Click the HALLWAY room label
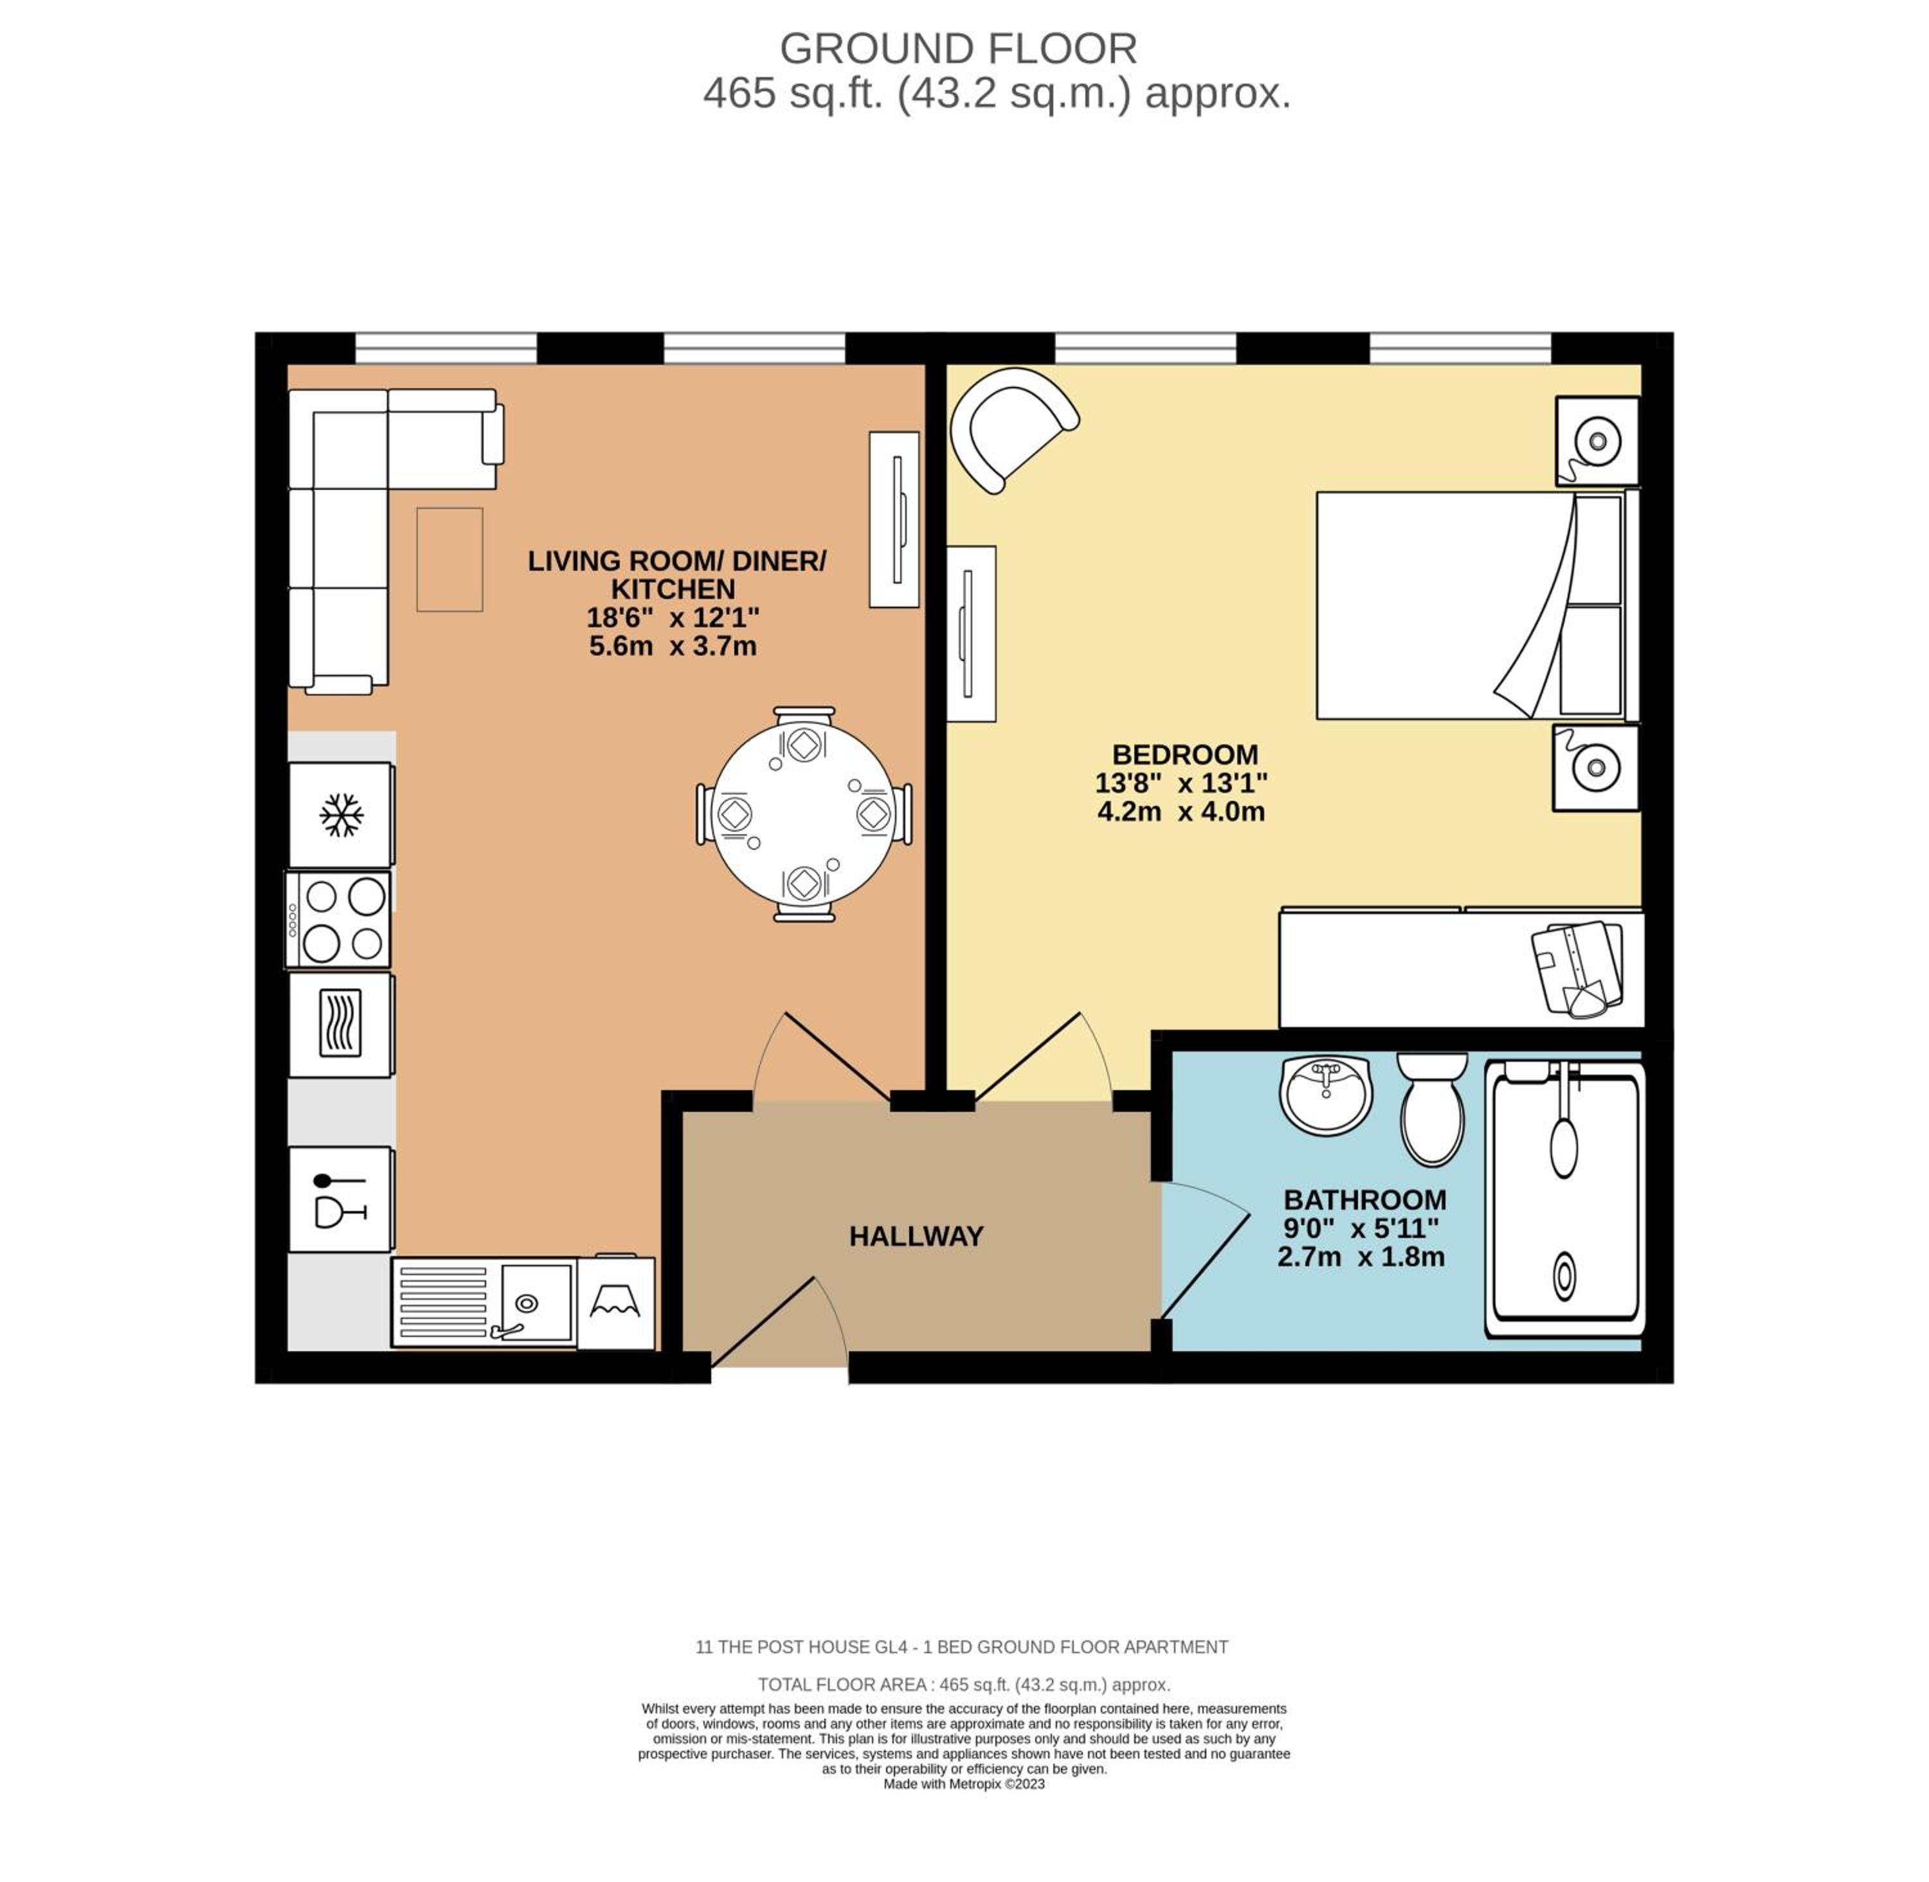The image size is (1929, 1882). coord(916,1237)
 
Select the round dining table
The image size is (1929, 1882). coord(804,814)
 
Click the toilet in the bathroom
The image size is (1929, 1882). coord(1432,1109)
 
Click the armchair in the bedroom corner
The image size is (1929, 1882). coord(1011,429)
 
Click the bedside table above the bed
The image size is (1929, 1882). coord(1596,441)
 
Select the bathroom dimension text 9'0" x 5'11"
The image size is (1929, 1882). coord(1361,1229)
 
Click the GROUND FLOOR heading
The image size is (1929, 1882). coord(958,48)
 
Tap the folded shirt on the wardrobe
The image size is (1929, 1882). coord(1578,968)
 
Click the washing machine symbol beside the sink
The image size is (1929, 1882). coord(615,1304)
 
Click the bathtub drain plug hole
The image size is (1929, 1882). coord(1564,1275)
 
